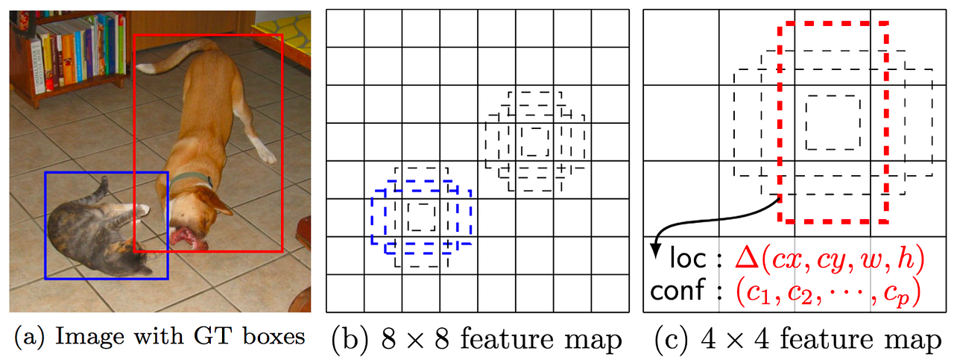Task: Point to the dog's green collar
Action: [x=195, y=179]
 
